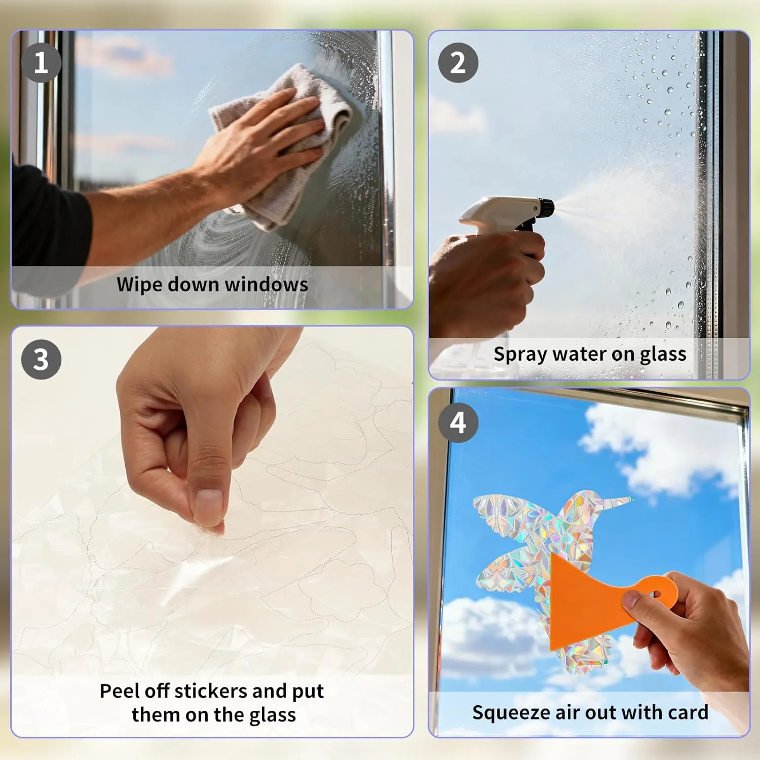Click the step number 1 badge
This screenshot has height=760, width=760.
coord(41,63)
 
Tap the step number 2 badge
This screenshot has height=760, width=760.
coord(458,63)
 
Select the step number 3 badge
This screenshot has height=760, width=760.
coord(41,360)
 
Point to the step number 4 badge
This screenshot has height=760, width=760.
coord(458,423)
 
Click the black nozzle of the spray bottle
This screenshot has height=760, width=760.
coord(546,207)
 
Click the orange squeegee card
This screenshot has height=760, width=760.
coord(588,603)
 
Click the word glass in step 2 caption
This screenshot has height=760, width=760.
coord(663,354)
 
